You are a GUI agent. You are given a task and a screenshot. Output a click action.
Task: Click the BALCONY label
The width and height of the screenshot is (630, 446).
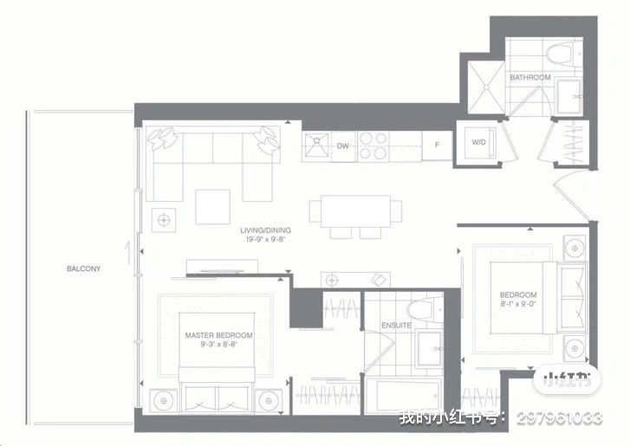click(x=83, y=268)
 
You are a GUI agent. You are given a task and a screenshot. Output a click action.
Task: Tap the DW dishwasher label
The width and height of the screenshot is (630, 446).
click(x=342, y=146)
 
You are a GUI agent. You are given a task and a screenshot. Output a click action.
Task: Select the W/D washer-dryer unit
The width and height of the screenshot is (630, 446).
click(x=479, y=143)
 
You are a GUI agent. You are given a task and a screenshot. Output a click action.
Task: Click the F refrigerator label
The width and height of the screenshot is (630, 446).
click(x=437, y=145)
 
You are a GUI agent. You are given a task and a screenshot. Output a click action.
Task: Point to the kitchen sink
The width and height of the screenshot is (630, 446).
click(x=316, y=145)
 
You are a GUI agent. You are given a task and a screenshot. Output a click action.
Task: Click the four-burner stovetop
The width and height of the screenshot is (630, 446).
click(x=373, y=145)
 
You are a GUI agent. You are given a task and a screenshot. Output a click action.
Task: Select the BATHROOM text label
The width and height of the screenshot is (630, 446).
click(x=530, y=77)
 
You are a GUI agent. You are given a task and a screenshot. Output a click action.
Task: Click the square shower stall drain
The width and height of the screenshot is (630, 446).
click(x=486, y=87)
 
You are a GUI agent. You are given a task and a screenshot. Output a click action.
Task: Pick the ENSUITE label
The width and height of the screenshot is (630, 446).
click(x=396, y=325)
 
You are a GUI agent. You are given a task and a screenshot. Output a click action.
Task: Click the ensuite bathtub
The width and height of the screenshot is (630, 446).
click(x=403, y=396)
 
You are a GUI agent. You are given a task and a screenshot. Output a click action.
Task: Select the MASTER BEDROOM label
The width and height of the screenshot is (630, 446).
click(x=218, y=335)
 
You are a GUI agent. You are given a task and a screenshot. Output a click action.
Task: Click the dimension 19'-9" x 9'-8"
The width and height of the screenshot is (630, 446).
click(x=265, y=240)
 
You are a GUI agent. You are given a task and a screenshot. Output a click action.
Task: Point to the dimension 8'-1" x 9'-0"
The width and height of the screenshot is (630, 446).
click(x=518, y=304)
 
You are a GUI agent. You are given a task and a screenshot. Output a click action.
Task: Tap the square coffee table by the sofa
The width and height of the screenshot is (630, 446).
click(x=212, y=207)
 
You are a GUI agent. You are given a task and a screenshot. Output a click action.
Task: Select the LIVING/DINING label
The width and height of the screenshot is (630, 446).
click(x=265, y=230)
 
